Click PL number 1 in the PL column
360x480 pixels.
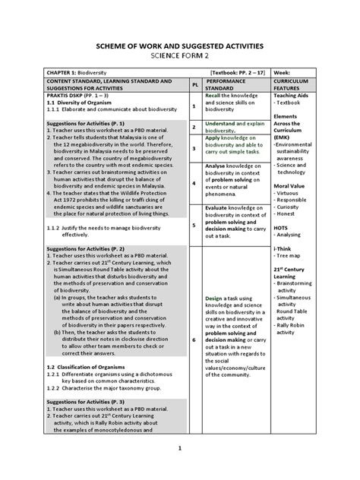tap(194, 106)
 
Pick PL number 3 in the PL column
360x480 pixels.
tap(194, 149)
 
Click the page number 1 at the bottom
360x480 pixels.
tap(180, 448)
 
